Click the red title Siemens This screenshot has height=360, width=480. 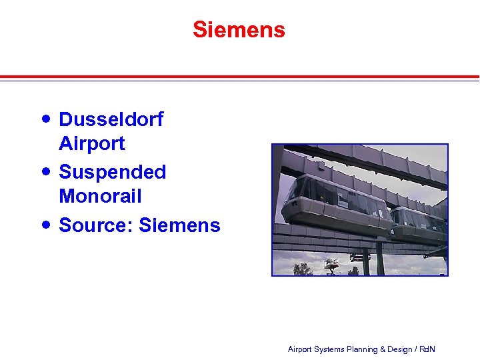[239, 30]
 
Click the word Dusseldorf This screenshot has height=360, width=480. [111, 119]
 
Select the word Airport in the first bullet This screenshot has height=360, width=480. [92, 143]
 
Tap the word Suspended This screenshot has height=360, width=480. [113, 172]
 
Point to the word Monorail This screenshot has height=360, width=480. [100, 196]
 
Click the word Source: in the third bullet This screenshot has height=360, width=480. [96, 225]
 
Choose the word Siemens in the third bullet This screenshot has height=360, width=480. [179, 225]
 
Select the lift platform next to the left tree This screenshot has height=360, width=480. [330, 264]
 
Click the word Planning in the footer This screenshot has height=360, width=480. [361, 349]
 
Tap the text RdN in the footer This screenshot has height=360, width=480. [428, 349]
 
